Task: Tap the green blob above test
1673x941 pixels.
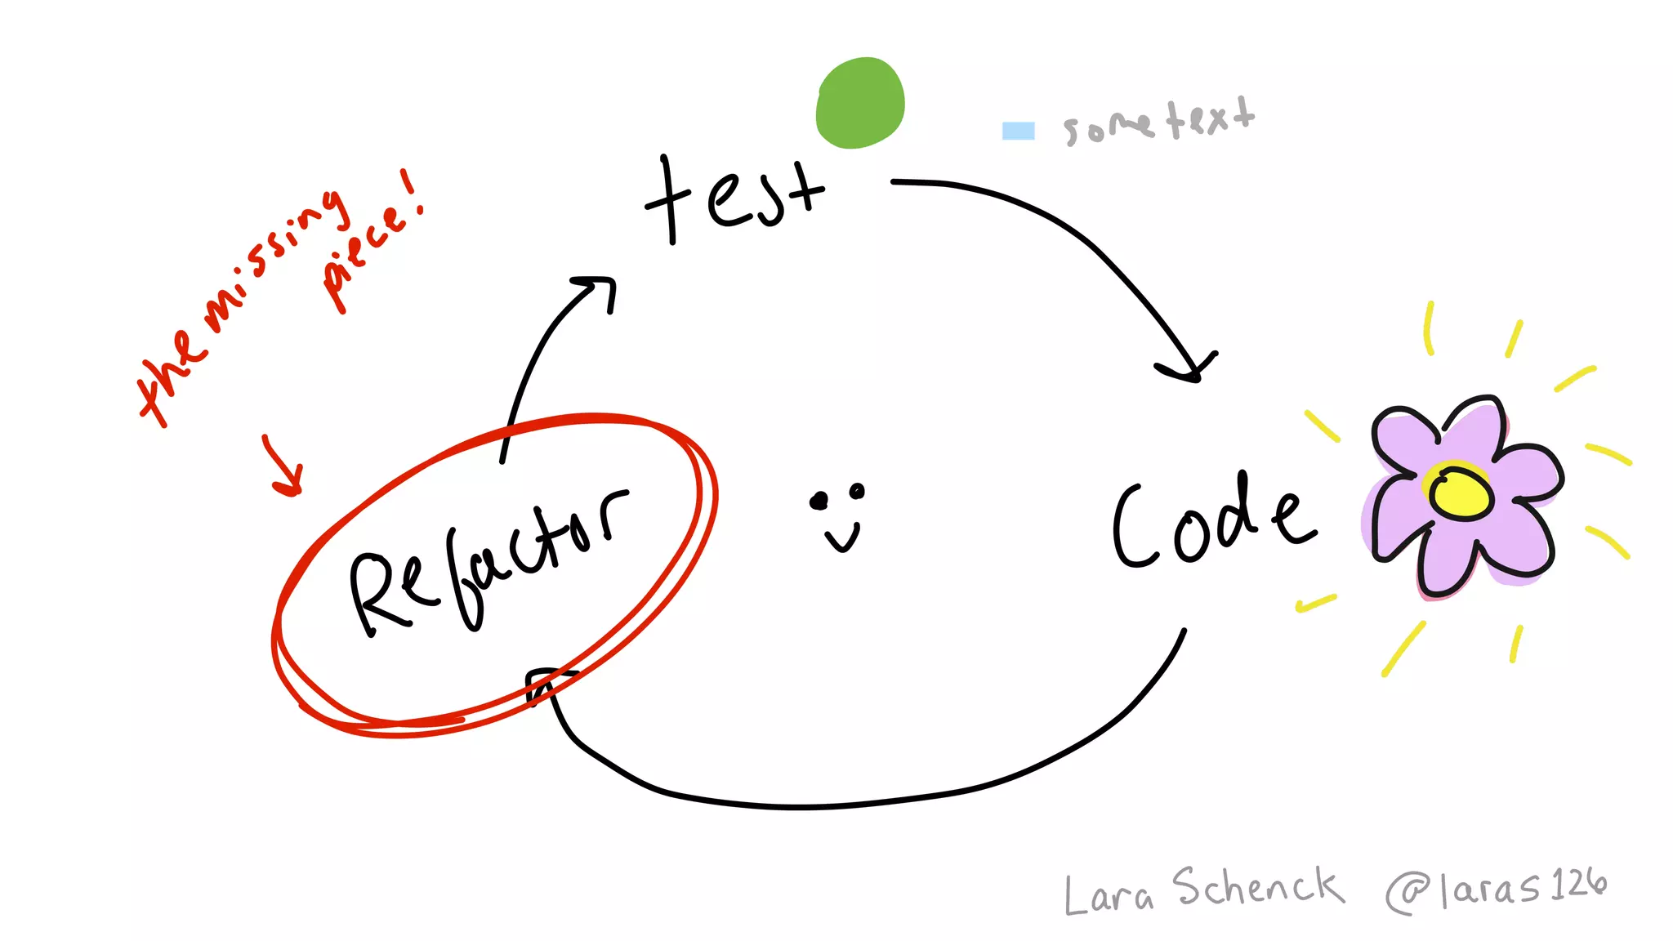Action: tap(860, 103)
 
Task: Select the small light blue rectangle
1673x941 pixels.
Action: tap(1018, 131)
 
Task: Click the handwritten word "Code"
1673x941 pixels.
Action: tap(1213, 523)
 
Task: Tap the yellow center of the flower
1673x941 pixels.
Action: tap(1461, 493)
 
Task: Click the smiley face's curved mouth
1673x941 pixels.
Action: tap(842, 538)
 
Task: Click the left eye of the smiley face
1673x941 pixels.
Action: tap(819, 501)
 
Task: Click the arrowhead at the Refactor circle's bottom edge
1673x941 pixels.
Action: tap(543, 683)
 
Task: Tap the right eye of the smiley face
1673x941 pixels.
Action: tap(856, 491)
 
